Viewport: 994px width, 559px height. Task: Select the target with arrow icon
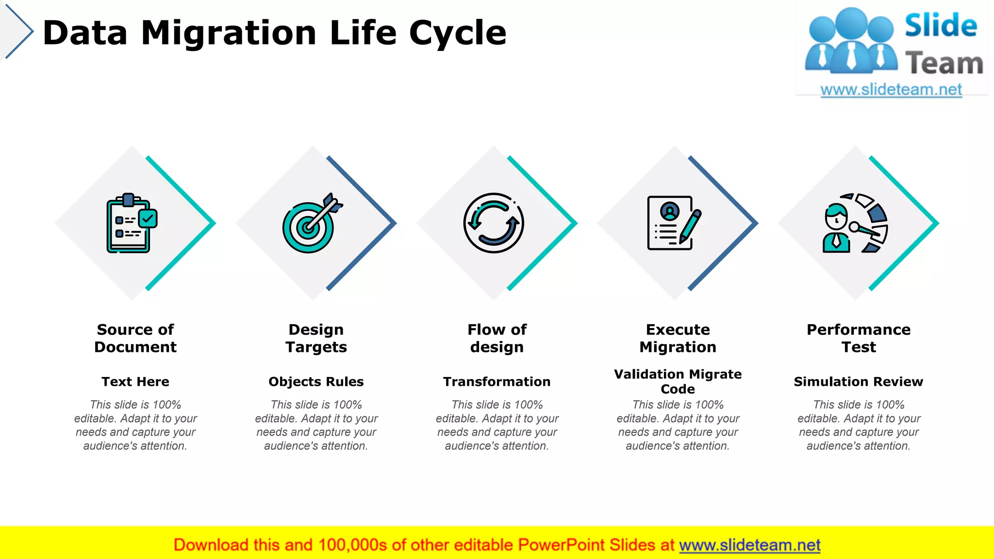click(x=311, y=224)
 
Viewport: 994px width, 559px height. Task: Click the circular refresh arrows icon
click(x=494, y=223)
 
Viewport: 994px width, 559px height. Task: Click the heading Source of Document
click(x=135, y=338)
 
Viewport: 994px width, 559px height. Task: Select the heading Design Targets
click(x=316, y=338)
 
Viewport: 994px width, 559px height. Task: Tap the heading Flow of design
click(x=497, y=338)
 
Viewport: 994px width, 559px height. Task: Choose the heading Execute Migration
click(x=678, y=338)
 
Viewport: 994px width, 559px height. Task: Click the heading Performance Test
click(x=859, y=338)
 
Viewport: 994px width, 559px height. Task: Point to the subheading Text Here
click(x=135, y=381)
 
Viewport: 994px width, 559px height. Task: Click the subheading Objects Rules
click(x=316, y=381)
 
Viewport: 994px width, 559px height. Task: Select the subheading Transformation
click(x=497, y=381)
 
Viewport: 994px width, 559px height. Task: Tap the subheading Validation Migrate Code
click(x=678, y=381)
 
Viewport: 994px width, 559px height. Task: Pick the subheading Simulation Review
click(x=859, y=381)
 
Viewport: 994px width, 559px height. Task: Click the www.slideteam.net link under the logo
click(x=891, y=90)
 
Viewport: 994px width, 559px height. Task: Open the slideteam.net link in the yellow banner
click(x=749, y=545)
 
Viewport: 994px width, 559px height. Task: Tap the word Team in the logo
click(x=944, y=64)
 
